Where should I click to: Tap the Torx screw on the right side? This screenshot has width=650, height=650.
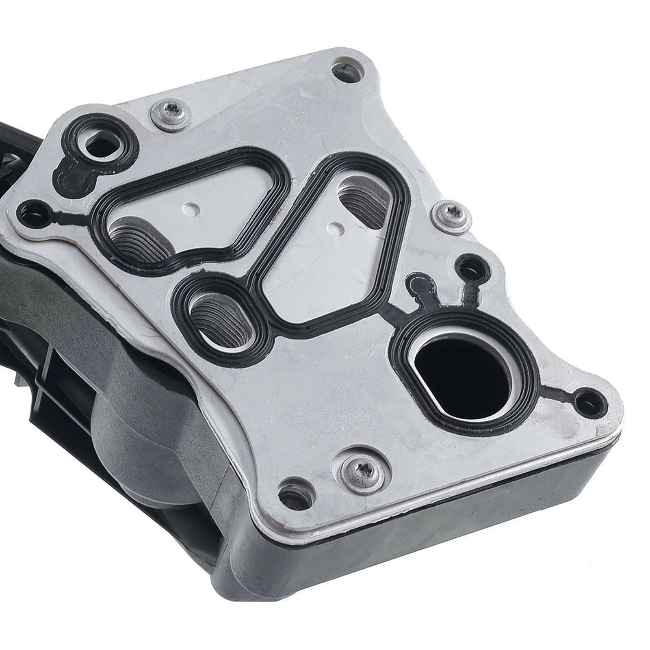click(449, 214)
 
